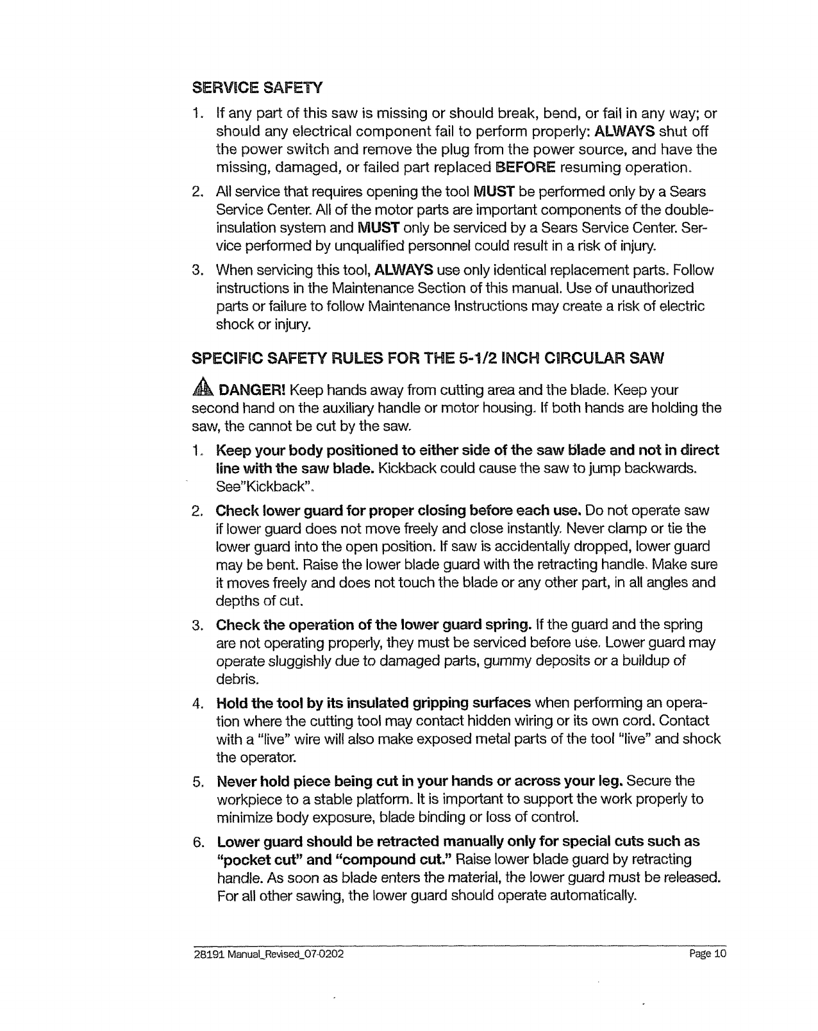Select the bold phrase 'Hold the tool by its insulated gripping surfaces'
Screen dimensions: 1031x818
pos(374,703)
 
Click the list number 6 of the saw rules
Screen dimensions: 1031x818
pos(198,841)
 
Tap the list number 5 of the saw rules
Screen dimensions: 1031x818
pos(198,782)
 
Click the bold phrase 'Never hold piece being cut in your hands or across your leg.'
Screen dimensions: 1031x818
pos(421,782)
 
